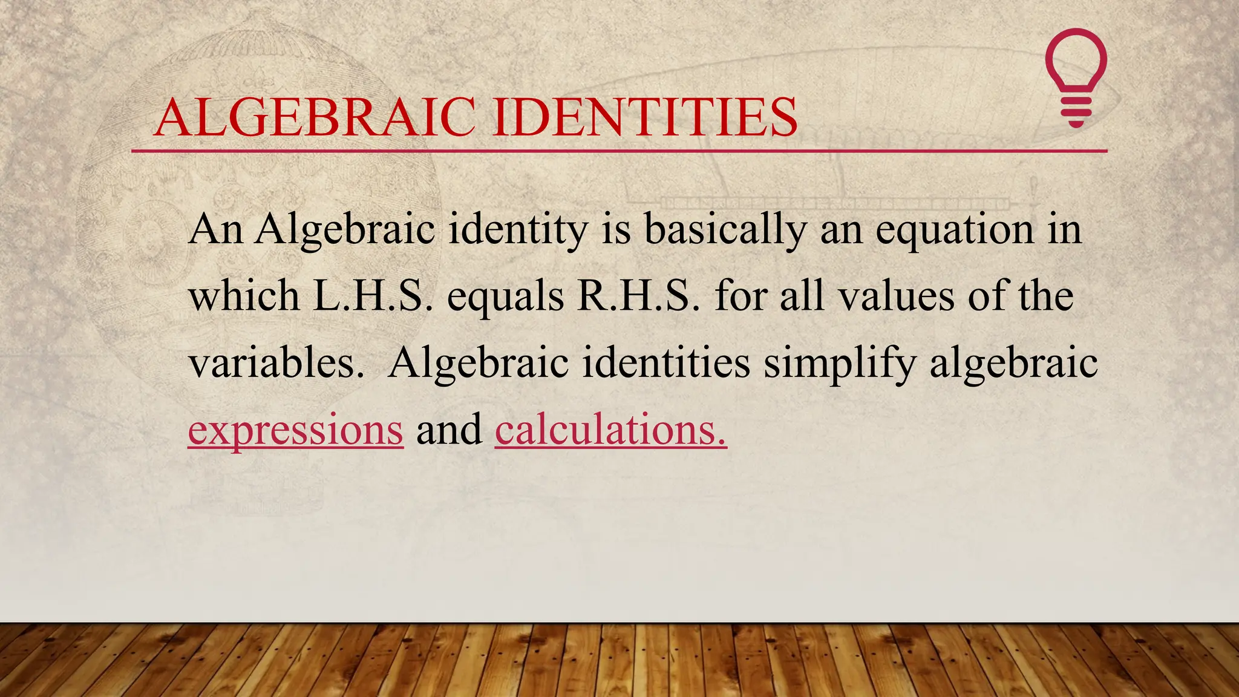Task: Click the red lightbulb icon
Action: [1076, 67]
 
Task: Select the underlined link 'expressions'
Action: [295, 430]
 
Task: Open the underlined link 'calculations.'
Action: [610, 430]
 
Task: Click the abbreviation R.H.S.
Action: [639, 296]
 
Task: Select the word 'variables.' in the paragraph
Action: [276, 363]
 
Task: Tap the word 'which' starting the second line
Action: [244, 296]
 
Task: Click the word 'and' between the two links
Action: [449, 430]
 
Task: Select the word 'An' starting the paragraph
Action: [215, 230]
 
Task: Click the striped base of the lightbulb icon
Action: [1076, 111]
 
